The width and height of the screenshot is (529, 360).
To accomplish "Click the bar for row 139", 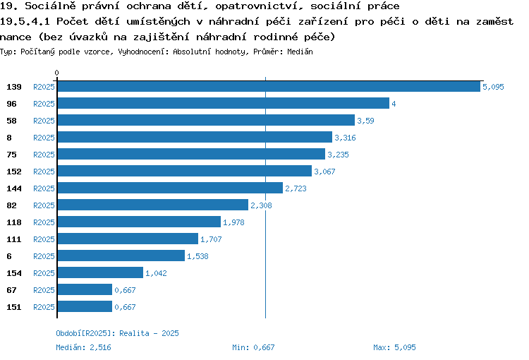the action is pyautogui.click(x=269, y=86).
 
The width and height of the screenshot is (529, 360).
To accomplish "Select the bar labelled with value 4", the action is pyautogui.click(x=224, y=103).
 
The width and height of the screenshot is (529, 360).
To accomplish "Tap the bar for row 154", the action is pyautogui.click(x=100, y=272).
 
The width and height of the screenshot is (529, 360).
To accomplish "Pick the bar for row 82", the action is pyautogui.click(x=153, y=205).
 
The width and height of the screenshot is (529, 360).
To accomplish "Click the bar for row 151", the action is pyautogui.click(x=85, y=306).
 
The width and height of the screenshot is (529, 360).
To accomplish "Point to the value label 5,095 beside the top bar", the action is pyautogui.click(x=493, y=87).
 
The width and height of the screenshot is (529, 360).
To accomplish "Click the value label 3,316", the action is pyautogui.click(x=345, y=138).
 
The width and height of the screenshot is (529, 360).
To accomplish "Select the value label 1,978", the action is pyautogui.click(x=233, y=222).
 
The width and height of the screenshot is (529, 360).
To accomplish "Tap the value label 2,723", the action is pyautogui.click(x=296, y=188).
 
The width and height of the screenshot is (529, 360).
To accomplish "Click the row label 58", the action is pyautogui.click(x=11, y=121).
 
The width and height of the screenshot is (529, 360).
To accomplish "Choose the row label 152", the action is pyautogui.click(x=14, y=172).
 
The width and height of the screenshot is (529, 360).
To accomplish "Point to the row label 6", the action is pyautogui.click(x=9, y=256).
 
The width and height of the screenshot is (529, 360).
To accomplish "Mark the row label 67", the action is pyautogui.click(x=11, y=289).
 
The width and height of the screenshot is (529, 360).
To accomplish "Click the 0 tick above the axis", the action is pyautogui.click(x=56, y=73).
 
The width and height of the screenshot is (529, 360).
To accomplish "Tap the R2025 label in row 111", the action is pyautogui.click(x=44, y=239).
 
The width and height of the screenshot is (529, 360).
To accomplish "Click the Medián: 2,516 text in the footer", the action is pyautogui.click(x=83, y=347).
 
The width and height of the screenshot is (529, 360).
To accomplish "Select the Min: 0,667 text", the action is pyautogui.click(x=253, y=347).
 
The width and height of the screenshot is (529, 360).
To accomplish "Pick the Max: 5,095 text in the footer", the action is pyautogui.click(x=394, y=347).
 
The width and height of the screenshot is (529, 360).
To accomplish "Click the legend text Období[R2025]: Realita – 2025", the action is pyautogui.click(x=117, y=333).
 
